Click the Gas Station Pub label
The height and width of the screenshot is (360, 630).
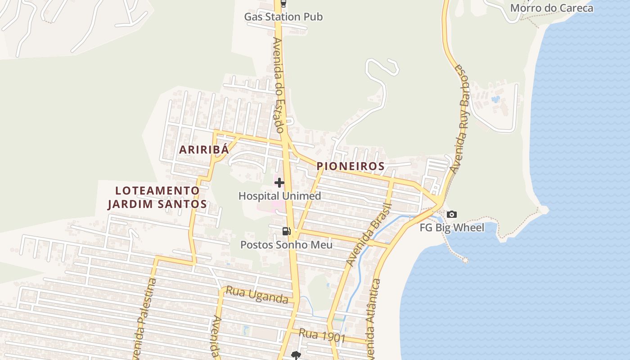pos(283,17)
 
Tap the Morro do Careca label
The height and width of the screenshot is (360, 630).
pos(551,8)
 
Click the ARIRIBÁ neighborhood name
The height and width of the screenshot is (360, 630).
pos(204,150)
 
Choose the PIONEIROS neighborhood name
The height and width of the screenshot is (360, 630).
pos(351,166)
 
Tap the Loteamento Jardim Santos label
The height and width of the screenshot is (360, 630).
pos(157,197)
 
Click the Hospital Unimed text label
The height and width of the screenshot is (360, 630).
pos(279,196)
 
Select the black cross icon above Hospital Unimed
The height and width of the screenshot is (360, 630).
pos(279,183)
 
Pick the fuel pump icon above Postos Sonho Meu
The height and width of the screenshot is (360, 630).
pos(286,231)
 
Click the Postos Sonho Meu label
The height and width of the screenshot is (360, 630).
pos(286,245)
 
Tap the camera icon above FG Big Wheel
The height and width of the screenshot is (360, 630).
pos(452,215)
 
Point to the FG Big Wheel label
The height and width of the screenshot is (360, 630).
pos(452,228)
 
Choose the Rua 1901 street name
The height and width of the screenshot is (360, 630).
pos(322,336)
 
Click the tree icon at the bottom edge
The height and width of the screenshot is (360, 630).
pos(296,355)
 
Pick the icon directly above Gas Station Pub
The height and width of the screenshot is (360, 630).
pos(283,4)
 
